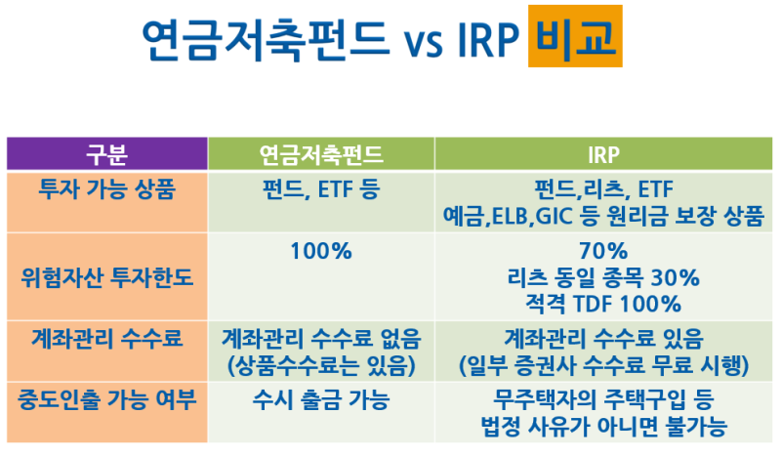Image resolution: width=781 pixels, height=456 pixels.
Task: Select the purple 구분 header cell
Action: click(106, 153)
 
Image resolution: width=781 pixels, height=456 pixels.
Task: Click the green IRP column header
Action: click(602, 153)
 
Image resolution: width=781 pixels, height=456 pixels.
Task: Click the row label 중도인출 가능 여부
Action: click(106, 400)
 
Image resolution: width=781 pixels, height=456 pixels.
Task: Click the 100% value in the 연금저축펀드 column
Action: click(320, 251)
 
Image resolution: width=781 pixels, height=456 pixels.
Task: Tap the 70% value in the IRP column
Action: click(602, 251)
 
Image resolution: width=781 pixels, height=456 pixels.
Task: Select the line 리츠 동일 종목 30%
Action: click(602, 277)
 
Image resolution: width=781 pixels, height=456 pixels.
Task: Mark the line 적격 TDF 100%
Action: click(602, 303)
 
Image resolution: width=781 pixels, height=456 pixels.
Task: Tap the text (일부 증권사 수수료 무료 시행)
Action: click(602, 366)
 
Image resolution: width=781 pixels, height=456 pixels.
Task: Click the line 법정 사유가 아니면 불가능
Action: click(602, 427)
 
